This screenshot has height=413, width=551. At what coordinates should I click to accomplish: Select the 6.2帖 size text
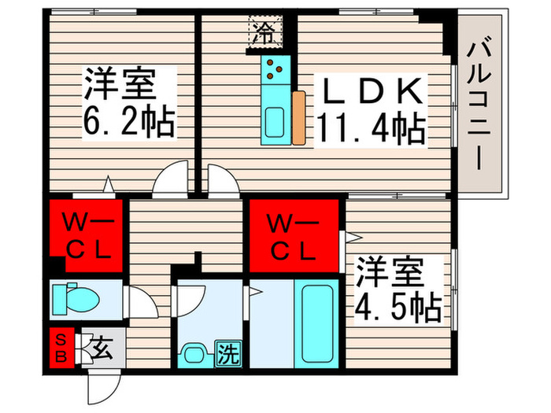coord(128,122)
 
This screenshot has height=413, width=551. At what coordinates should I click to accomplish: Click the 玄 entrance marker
coord(101,347)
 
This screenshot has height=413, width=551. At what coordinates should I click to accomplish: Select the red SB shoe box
coord(61,347)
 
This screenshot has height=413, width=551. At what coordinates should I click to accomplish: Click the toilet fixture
coord(76,298)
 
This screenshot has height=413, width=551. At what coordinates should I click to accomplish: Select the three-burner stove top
coord(275,71)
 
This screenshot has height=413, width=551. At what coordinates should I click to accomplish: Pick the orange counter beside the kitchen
coord(298,119)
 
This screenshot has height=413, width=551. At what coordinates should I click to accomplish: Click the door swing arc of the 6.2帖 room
coord(171,181)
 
